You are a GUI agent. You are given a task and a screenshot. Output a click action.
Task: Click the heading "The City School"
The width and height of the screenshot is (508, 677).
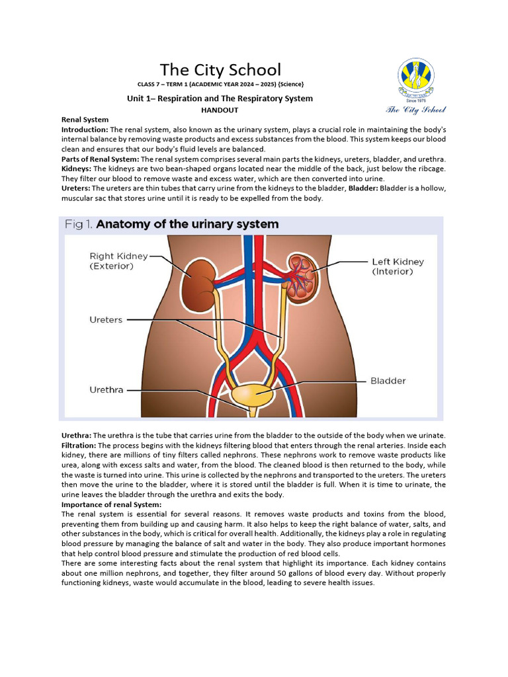[220, 69]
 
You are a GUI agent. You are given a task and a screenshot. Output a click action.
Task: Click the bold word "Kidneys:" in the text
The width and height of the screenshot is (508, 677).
[77, 169]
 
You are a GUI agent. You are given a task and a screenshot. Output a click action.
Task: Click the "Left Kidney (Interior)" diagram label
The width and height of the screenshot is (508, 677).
[398, 266]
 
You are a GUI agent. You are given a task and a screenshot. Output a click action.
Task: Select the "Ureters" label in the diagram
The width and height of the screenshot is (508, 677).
[106, 319]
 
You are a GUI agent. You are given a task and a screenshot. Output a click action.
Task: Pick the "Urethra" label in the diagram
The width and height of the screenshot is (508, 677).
[106, 390]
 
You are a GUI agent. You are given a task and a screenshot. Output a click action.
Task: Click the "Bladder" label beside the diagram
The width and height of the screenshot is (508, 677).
[388, 381]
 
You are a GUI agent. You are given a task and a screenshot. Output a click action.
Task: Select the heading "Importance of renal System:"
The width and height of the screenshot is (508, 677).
[110, 504]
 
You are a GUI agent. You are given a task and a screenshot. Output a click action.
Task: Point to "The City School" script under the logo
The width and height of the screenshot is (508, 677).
[416, 110]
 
